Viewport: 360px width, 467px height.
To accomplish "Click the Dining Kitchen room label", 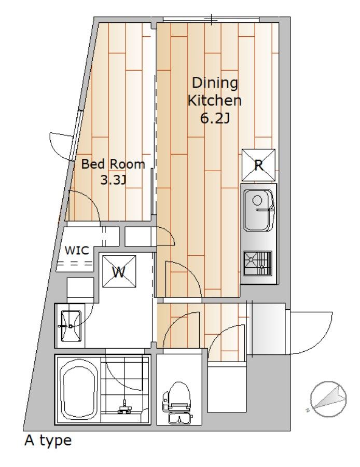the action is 214,91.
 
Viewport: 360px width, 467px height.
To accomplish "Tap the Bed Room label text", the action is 113,164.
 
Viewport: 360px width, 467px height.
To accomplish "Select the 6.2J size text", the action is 214,119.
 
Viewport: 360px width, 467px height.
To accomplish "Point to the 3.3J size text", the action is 113,180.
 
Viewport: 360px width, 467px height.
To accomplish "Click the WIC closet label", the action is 77,251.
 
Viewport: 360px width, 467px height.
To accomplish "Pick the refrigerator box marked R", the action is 258,164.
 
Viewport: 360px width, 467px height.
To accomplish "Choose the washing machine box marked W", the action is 119,271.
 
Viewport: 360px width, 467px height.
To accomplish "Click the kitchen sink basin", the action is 259,211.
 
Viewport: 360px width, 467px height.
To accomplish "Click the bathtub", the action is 79,390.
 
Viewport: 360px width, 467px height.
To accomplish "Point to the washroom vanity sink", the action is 71,326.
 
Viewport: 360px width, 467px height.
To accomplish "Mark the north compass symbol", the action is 328,399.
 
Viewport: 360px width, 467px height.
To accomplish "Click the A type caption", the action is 48,441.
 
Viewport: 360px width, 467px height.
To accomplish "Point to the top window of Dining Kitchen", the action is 211,20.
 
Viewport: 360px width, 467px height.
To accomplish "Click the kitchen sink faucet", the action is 265,210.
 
